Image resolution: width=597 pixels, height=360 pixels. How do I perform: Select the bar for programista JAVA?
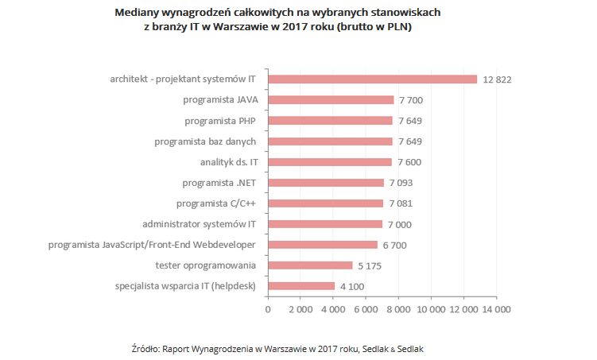click(331, 100)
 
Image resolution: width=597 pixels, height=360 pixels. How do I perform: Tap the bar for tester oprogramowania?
click(310, 265)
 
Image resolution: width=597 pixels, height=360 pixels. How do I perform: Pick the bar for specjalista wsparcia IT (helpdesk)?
click(301, 286)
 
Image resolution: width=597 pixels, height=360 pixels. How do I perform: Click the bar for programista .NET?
click(326, 183)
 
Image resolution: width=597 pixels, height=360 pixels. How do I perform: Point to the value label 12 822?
click(497, 79)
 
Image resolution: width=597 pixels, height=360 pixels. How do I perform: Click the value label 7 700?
click(412, 100)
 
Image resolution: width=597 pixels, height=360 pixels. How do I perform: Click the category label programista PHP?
click(220, 121)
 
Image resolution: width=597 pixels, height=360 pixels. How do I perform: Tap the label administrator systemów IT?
click(199, 224)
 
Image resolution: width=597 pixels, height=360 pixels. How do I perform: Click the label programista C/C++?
click(215, 203)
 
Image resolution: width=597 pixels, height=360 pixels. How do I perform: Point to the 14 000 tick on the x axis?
click(496, 308)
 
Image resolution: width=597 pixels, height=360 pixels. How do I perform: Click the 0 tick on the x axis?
click(268, 308)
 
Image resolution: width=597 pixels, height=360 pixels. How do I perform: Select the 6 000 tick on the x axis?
click(366, 308)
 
